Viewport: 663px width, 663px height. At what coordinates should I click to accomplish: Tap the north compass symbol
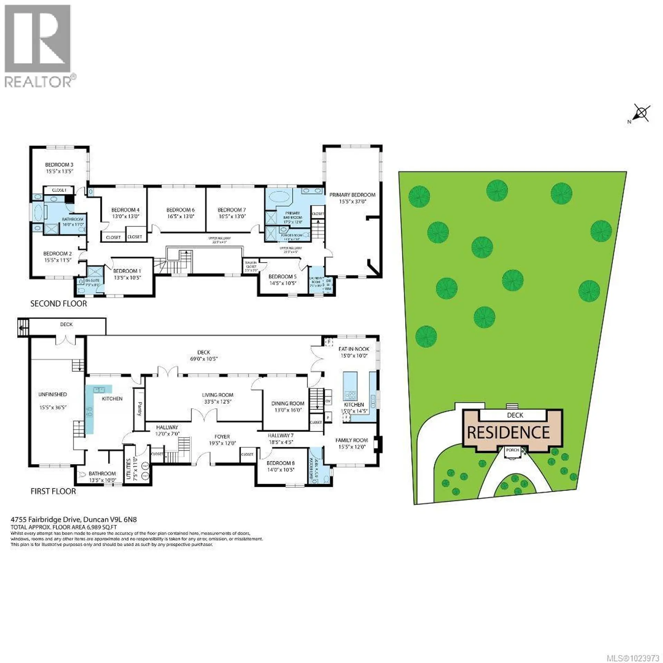click(x=642, y=114)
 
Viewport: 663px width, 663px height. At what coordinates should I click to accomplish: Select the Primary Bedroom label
click(x=352, y=195)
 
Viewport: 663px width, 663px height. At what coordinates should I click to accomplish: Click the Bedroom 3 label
click(x=59, y=165)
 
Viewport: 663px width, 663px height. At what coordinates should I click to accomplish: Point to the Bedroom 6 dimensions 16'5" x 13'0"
click(x=180, y=217)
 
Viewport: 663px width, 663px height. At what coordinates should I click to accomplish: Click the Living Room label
click(x=218, y=395)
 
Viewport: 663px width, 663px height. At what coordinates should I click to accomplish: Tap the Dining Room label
click(x=288, y=403)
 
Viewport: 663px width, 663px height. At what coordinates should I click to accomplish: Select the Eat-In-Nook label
click(x=354, y=349)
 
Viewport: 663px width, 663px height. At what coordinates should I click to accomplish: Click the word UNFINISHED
click(x=52, y=394)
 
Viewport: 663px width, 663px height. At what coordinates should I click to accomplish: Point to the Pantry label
click(x=140, y=409)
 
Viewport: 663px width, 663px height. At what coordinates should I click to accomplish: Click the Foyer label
click(x=222, y=437)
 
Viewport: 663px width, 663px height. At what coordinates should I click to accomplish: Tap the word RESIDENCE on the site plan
click(x=508, y=433)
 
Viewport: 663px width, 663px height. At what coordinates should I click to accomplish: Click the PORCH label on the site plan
click(x=512, y=450)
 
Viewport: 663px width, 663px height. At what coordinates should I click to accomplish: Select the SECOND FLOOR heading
click(x=58, y=304)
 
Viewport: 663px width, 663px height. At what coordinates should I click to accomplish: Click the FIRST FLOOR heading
click(x=53, y=491)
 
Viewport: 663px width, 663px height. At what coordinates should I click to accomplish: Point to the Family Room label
click(x=352, y=440)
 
